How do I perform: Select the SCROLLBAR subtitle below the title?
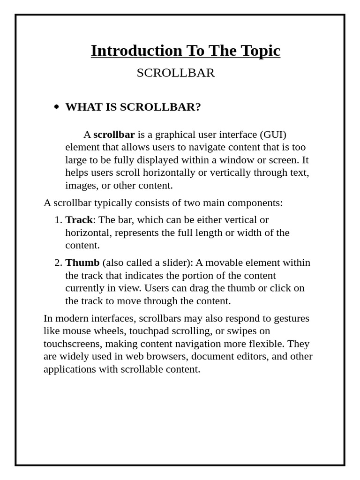click(176, 73)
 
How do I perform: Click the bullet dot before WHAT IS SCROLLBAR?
click(57, 107)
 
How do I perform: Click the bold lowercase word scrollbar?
click(114, 135)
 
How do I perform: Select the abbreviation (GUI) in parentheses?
click(273, 135)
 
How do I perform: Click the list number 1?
click(58, 220)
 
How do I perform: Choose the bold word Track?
click(79, 220)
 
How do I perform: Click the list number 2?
click(58, 262)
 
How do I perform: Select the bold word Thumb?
click(82, 262)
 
